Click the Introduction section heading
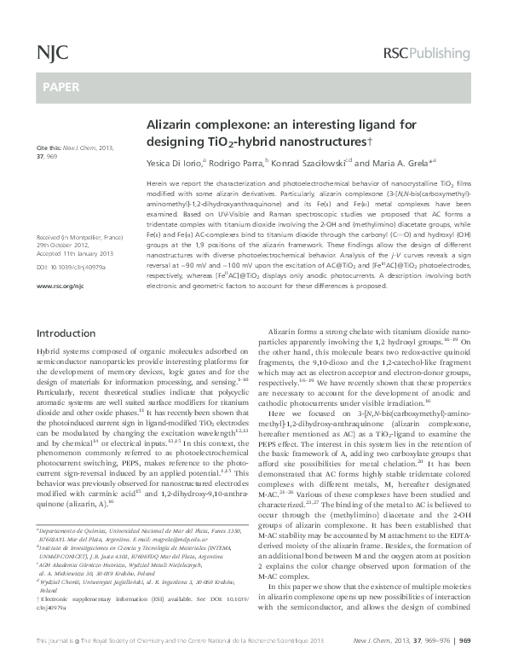(71, 380)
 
